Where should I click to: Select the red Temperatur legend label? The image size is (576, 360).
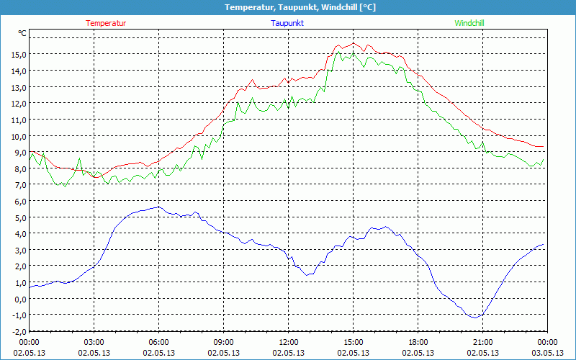[x=106, y=23]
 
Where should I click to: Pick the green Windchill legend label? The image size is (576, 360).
[x=469, y=23]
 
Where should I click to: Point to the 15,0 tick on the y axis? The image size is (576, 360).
[x=18, y=55]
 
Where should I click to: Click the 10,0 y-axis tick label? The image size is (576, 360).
[x=18, y=136]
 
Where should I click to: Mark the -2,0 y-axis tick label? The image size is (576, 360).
[x=18, y=331]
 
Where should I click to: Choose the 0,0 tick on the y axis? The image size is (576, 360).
[x=18, y=299]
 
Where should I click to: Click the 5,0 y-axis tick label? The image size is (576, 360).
[x=18, y=217]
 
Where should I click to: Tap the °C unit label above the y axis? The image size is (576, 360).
[x=22, y=34]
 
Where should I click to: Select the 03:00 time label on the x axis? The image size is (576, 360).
[x=94, y=342]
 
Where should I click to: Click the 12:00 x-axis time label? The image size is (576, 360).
[x=289, y=342]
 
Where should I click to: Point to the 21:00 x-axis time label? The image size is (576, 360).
[x=482, y=342]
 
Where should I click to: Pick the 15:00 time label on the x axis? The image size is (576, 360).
[x=354, y=342]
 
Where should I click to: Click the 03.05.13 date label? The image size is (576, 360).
[x=547, y=353]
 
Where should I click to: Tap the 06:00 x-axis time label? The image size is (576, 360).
[x=159, y=342]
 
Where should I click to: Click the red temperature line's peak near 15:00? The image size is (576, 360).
[x=354, y=43]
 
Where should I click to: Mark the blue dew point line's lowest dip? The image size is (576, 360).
[x=474, y=317]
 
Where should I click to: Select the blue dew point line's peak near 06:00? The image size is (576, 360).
[x=158, y=207]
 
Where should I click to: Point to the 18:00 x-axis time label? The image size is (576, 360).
[x=418, y=342]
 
